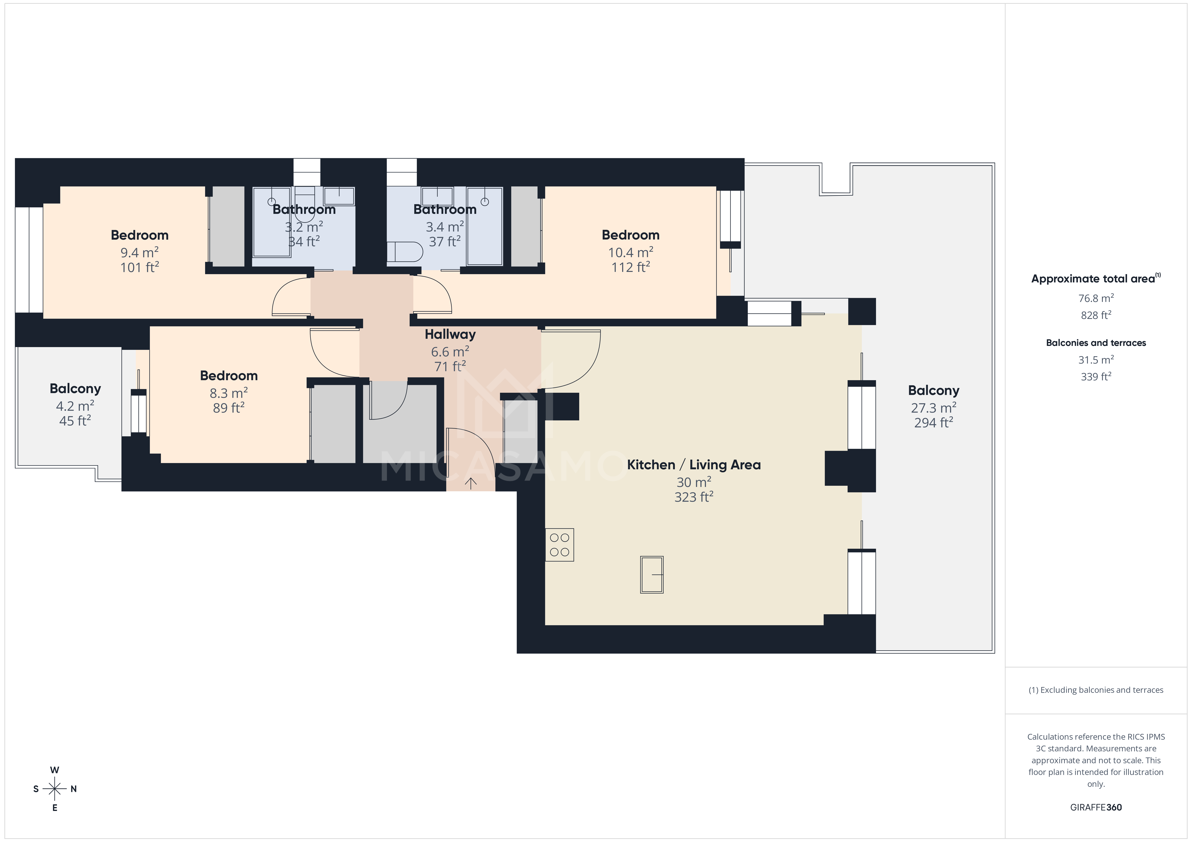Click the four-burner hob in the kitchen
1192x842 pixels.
559,545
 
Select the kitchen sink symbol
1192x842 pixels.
652,574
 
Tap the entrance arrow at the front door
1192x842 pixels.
470,483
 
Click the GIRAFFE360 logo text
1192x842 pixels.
1095,807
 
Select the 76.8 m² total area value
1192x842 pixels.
1095,298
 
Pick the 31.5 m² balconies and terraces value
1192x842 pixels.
1095,359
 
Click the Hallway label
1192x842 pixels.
450,335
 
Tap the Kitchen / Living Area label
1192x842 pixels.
694,465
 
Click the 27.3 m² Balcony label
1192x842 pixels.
933,391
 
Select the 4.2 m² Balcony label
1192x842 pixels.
75,388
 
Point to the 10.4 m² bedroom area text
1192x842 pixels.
630,253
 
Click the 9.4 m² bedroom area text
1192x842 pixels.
139,253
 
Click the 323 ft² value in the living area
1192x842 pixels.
694,497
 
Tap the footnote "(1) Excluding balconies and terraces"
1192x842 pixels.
1095,690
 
